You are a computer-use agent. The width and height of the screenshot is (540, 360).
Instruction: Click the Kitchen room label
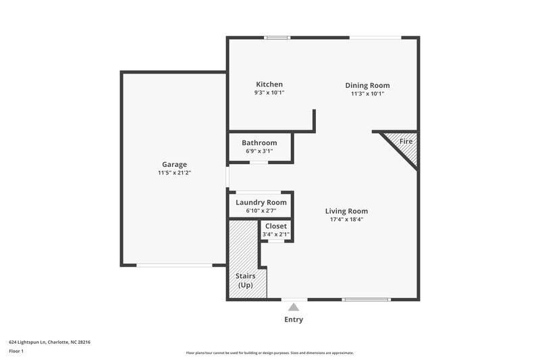click(x=269, y=84)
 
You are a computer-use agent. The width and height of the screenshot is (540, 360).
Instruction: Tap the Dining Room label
click(x=367, y=85)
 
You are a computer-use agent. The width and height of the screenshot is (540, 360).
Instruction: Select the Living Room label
click(x=346, y=211)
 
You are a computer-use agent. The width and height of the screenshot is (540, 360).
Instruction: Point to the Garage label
click(x=174, y=164)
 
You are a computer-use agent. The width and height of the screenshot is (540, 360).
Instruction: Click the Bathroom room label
click(x=259, y=143)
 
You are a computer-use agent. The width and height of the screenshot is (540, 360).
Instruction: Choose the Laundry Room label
click(x=261, y=202)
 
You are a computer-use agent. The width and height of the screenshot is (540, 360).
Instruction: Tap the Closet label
click(x=275, y=226)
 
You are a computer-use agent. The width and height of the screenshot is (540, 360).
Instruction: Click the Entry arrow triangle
click(x=294, y=307)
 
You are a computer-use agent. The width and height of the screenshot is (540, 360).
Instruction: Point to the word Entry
click(x=294, y=319)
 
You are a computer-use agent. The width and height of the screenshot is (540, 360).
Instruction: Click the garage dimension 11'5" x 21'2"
click(x=174, y=174)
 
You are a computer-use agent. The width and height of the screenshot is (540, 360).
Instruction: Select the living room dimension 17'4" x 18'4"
click(x=346, y=220)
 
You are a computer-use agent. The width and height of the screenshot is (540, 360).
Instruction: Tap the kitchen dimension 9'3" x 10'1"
click(x=269, y=93)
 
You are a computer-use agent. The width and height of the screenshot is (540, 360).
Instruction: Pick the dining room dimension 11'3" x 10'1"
click(x=367, y=94)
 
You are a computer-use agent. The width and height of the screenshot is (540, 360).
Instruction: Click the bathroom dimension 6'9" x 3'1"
click(x=259, y=151)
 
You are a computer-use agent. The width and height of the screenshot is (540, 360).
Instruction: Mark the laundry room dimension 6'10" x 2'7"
click(x=261, y=211)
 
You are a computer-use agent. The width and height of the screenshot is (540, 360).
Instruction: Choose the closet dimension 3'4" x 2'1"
click(x=275, y=234)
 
